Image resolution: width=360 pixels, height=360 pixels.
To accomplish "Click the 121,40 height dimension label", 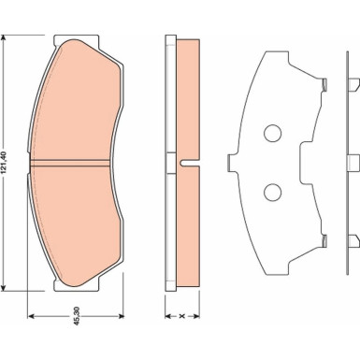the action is (4, 163).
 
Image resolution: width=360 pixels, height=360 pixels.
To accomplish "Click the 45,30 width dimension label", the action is (77, 316).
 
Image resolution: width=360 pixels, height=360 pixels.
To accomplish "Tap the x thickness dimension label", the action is (182, 316).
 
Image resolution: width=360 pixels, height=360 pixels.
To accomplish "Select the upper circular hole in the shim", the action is (273, 133).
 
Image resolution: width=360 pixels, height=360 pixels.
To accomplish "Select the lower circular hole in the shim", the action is (273, 192).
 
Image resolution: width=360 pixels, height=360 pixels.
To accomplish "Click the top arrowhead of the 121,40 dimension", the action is (4, 38).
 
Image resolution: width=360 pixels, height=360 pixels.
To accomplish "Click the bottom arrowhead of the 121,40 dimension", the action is (4, 287).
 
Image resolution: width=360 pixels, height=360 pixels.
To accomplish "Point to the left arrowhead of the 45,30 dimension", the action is (31, 316).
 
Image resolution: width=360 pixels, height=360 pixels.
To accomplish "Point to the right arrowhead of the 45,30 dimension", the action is (121, 316).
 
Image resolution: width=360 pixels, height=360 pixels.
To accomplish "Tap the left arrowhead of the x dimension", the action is (168, 316).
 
